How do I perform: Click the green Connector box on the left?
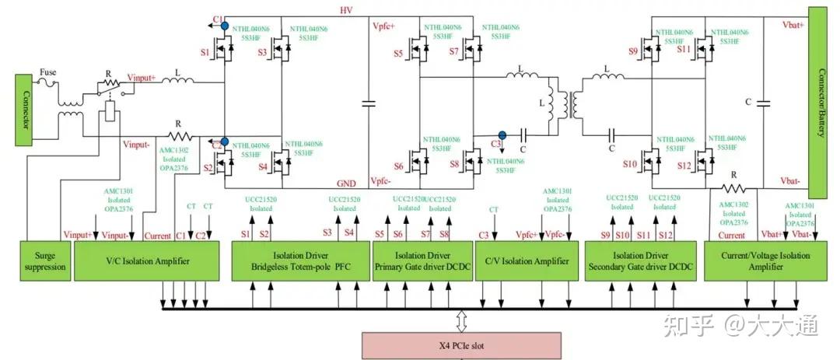(x=25, y=110)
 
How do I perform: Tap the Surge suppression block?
(x=44, y=261)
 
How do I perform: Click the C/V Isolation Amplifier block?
(x=526, y=261)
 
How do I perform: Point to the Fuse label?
(x=50, y=73)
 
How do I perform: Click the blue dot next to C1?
(x=224, y=26)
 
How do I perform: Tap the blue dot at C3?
(x=502, y=134)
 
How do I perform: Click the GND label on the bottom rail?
(x=346, y=183)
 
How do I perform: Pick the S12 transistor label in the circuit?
(x=684, y=165)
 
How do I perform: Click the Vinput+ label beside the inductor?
(x=141, y=78)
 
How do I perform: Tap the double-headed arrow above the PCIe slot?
(x=460, y=320)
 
